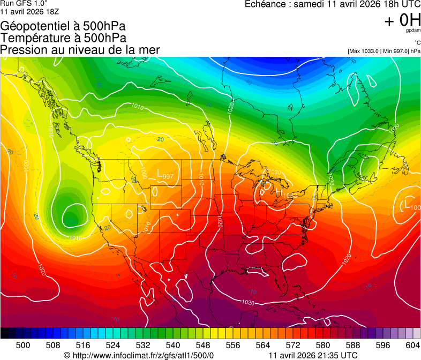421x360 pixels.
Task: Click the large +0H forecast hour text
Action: pos(403,20)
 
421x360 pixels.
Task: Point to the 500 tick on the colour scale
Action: pos(23,345)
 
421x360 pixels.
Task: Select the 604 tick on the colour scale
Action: pos(412,345)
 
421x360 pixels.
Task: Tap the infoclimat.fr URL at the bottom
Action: pos(142,355)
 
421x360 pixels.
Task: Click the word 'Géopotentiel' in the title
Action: pos(32,26)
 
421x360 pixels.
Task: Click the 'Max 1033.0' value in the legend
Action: pos(366,51)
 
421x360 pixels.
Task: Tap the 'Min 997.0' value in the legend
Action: pos(395,51)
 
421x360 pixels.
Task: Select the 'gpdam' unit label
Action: pos(413,31)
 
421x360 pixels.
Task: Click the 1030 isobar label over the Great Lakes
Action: pos(274,172)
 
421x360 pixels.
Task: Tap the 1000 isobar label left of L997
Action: pos(143,174)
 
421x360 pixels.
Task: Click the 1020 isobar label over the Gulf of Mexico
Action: pos(248,303)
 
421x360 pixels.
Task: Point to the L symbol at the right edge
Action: pos(408,204)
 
